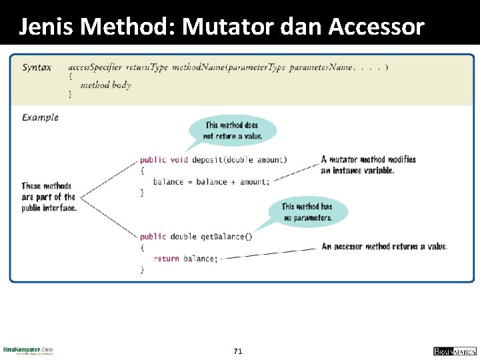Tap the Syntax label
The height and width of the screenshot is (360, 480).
[37, 67]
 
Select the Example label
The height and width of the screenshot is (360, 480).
[40, 117]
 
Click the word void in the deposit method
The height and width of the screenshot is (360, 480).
[179, 160]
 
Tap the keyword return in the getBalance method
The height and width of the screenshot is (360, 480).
[166, 259]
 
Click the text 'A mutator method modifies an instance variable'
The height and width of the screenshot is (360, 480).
[368, 165]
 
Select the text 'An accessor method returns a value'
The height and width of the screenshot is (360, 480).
[384, 247]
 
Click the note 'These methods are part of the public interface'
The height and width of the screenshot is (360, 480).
[49, 197]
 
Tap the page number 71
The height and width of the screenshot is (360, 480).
[238, 351]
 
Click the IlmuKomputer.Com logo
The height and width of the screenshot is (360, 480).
[28, 351]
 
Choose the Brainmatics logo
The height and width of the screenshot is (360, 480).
[455, 351]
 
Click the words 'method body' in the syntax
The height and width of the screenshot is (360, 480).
[105, 85]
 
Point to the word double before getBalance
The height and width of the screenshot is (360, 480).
[183, 237]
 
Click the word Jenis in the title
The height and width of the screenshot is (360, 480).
[45, 26]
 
